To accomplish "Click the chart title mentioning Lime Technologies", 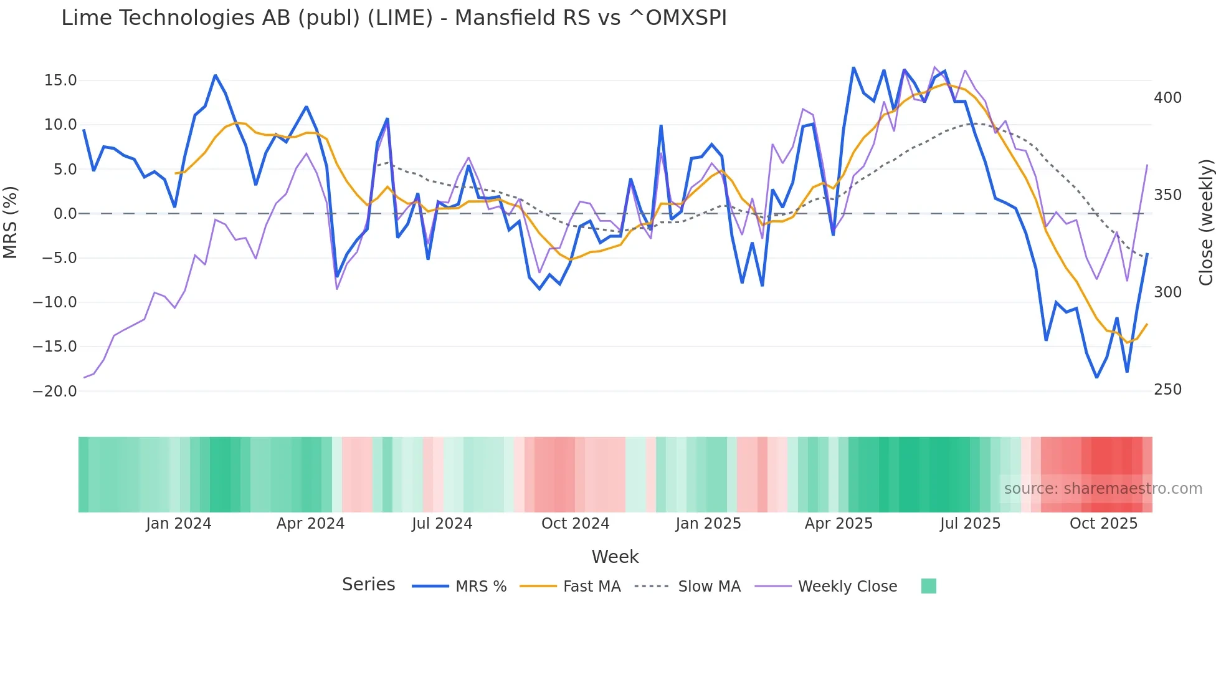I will click(x=394, y=18).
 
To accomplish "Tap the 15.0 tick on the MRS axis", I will click(x=60, y=80).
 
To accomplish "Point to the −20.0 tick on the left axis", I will click(x=55, y=392).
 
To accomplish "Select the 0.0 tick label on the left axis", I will click(x=65, y=214).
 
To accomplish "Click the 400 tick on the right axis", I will click(x=1167, y=98).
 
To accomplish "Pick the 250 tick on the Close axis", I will click(x=1167, y=390).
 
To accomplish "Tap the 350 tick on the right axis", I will click(x=1167, y=195).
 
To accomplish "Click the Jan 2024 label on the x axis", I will click(x=179, y=524).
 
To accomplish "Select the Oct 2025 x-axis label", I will click(x=1103, y=524).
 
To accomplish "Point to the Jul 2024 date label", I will click(x=442, y=524).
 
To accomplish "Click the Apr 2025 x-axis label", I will click(x=839, y=524).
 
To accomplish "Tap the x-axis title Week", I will click(x=615, y=557).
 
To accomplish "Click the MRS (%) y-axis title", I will click(x=11, y=223).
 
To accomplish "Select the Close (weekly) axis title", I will click(x=1206, y=223).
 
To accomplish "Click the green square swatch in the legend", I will click(x=928, y=586).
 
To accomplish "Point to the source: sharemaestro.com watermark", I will click(x=1103, y=489).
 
